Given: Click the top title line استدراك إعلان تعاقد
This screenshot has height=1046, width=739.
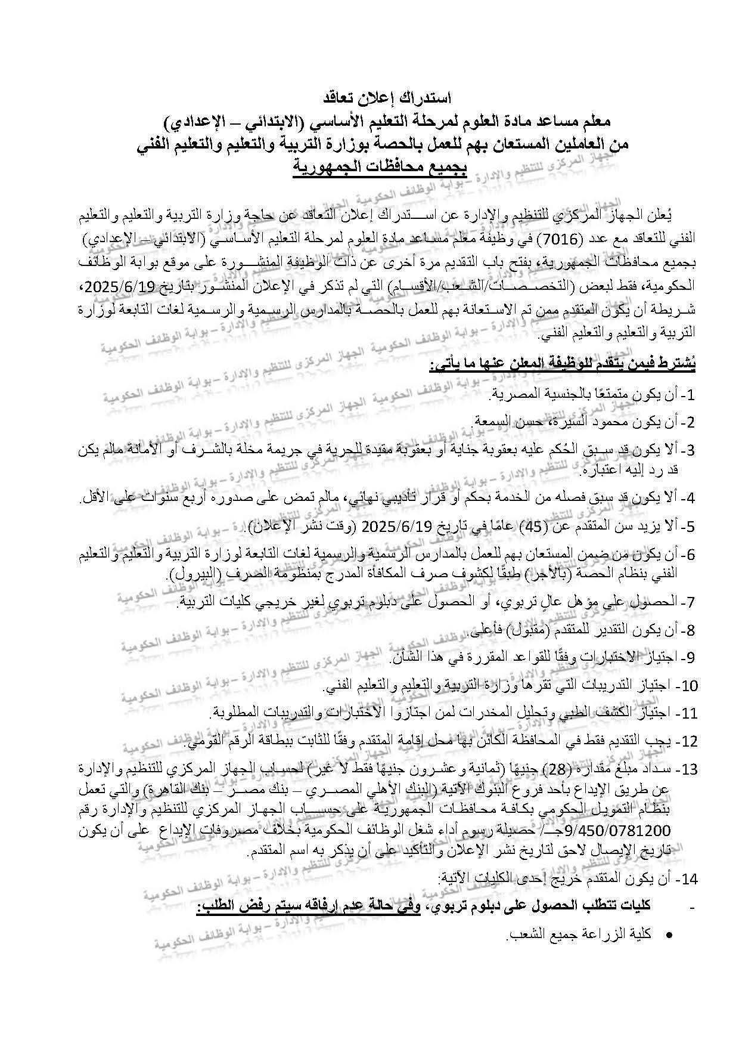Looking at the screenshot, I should pyautogui.click(x=386, y=97).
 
